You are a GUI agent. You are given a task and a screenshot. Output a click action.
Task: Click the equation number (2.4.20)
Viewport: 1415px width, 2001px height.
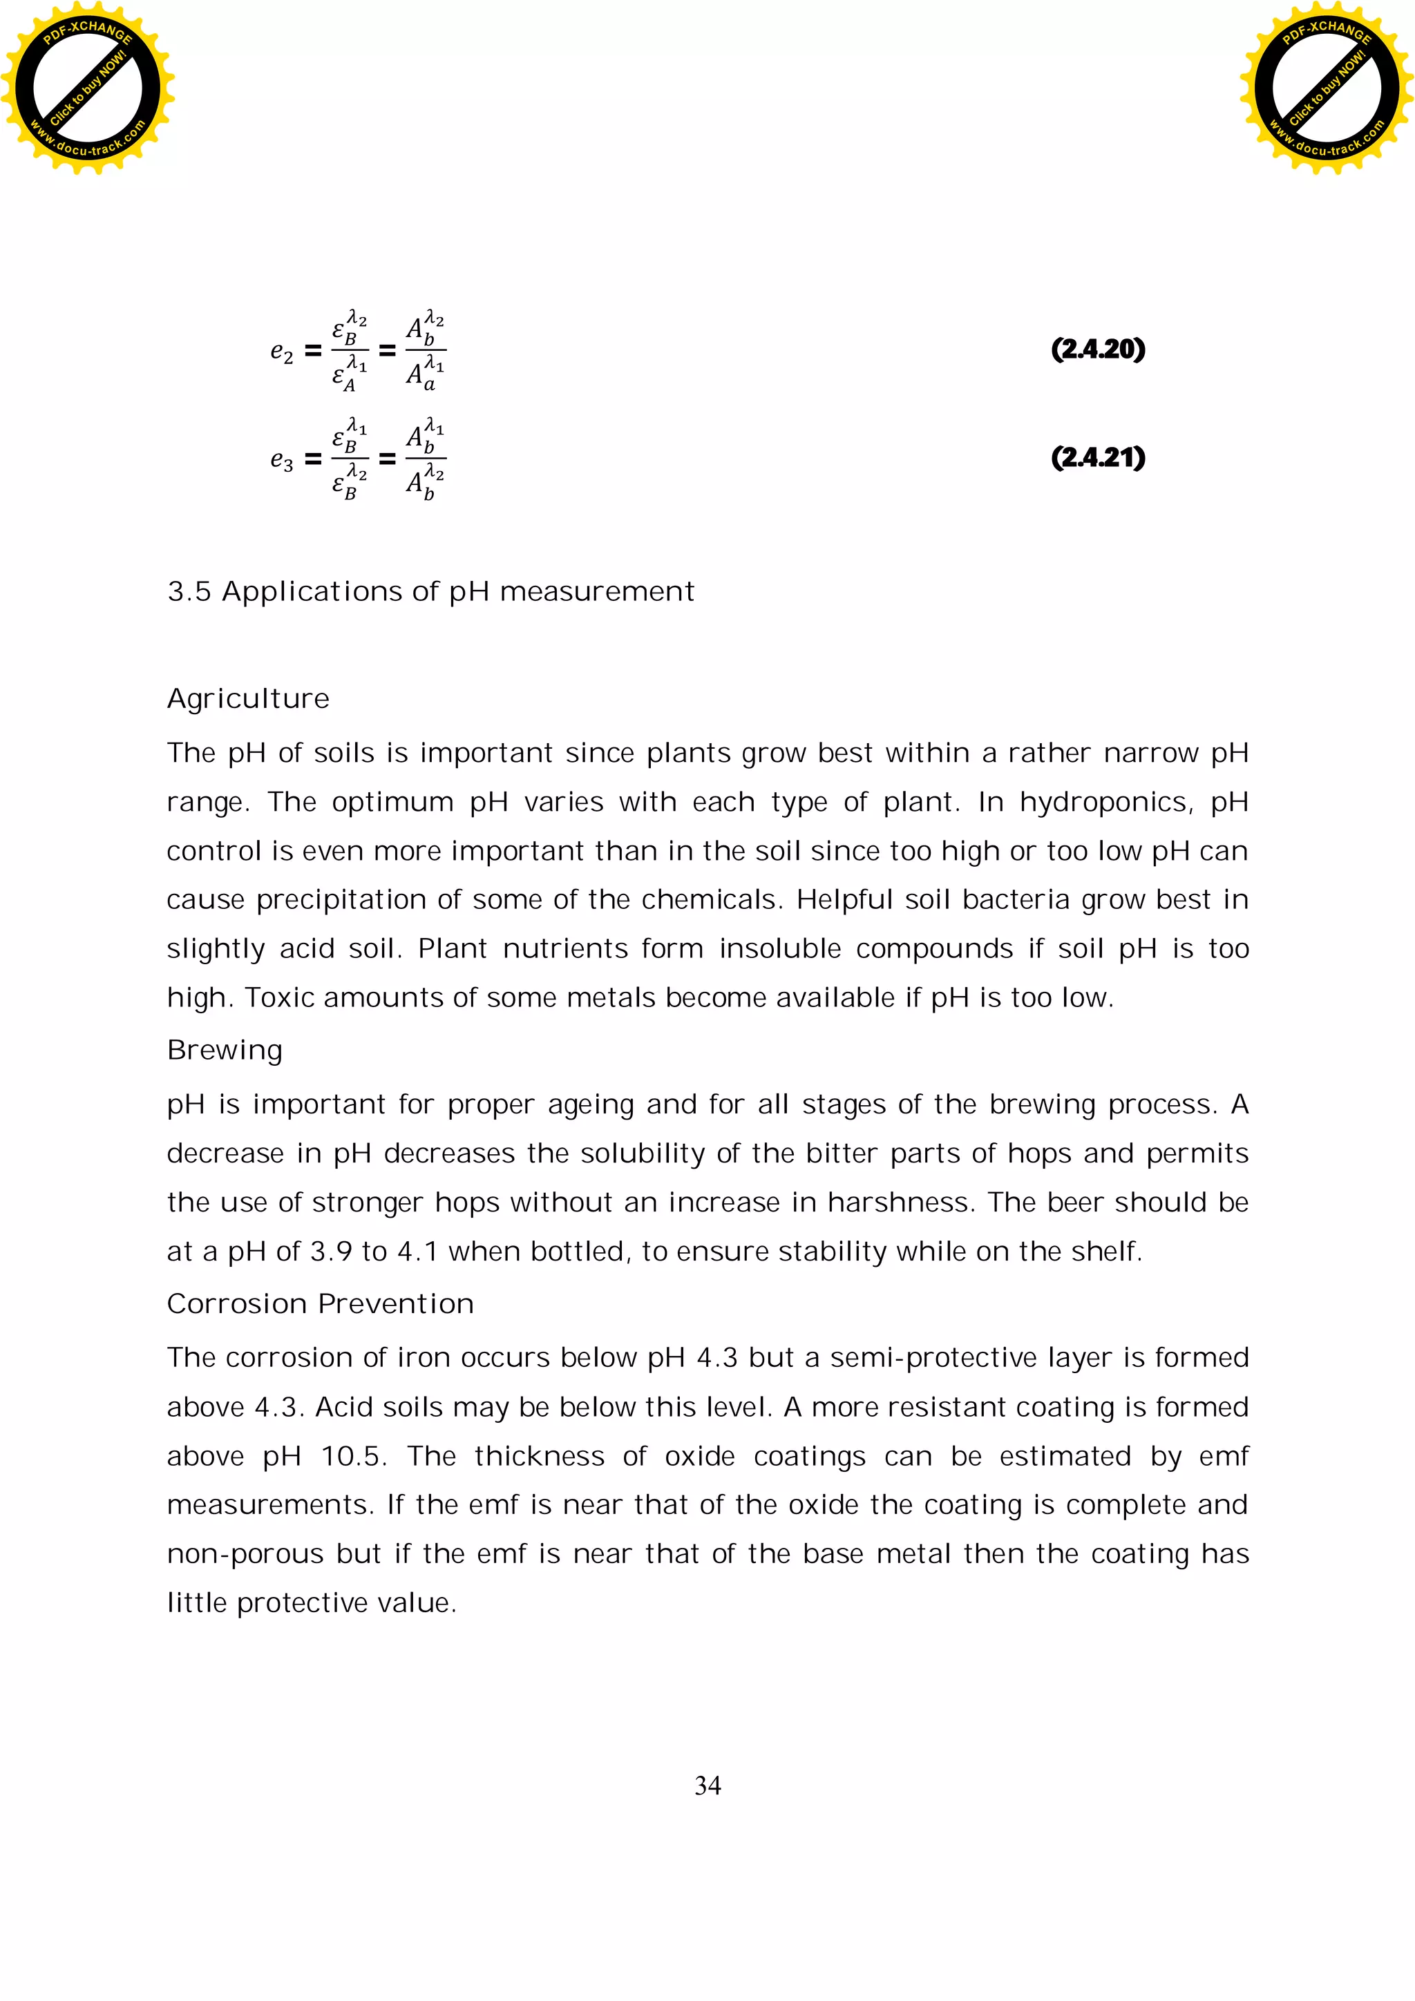[x=1098, y=350]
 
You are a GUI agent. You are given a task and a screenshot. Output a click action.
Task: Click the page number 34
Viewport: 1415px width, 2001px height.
[x=707, y=1785]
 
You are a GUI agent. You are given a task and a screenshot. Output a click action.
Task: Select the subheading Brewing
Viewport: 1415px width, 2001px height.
[x=225, y=1050]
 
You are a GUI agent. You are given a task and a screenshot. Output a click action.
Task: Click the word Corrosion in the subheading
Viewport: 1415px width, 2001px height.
[x=237, y=1304]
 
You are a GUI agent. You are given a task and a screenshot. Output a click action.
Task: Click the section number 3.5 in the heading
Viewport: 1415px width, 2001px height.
[x=189, y=592]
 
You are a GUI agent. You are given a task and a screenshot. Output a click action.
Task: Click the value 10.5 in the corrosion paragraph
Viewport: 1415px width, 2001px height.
[x=353, y=1456]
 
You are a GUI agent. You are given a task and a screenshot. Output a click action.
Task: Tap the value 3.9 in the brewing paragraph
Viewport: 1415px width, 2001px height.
[x=332, y=1252]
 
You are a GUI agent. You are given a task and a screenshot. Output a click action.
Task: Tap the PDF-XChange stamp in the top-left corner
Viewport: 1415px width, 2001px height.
[x=87, y=87]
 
